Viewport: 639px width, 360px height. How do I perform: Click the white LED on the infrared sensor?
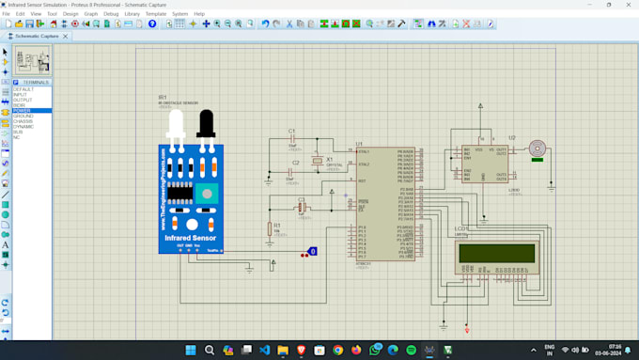[177, 125]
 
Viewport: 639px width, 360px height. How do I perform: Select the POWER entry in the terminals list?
[22, 110]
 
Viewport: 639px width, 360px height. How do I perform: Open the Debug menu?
[111, 14]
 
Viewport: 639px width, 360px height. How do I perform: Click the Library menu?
[132, 14]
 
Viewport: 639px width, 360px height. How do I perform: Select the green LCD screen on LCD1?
[496, 255]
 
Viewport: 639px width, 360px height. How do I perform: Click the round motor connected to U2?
[537, 148]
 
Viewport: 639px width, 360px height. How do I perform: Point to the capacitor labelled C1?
[291, 140]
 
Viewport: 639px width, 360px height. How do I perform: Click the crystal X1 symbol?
[318, 160]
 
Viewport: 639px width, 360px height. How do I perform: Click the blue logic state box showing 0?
[313, 251]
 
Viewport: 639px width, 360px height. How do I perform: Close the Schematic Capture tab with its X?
[63, 36]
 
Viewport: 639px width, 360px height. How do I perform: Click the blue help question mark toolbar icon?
[152, 23]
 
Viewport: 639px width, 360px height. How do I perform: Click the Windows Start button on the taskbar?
[191, 350]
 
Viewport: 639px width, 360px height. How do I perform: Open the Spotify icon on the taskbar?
[412, 350]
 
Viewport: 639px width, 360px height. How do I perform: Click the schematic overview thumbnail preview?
[31, 61]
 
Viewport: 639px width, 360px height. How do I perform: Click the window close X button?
[628, 5]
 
